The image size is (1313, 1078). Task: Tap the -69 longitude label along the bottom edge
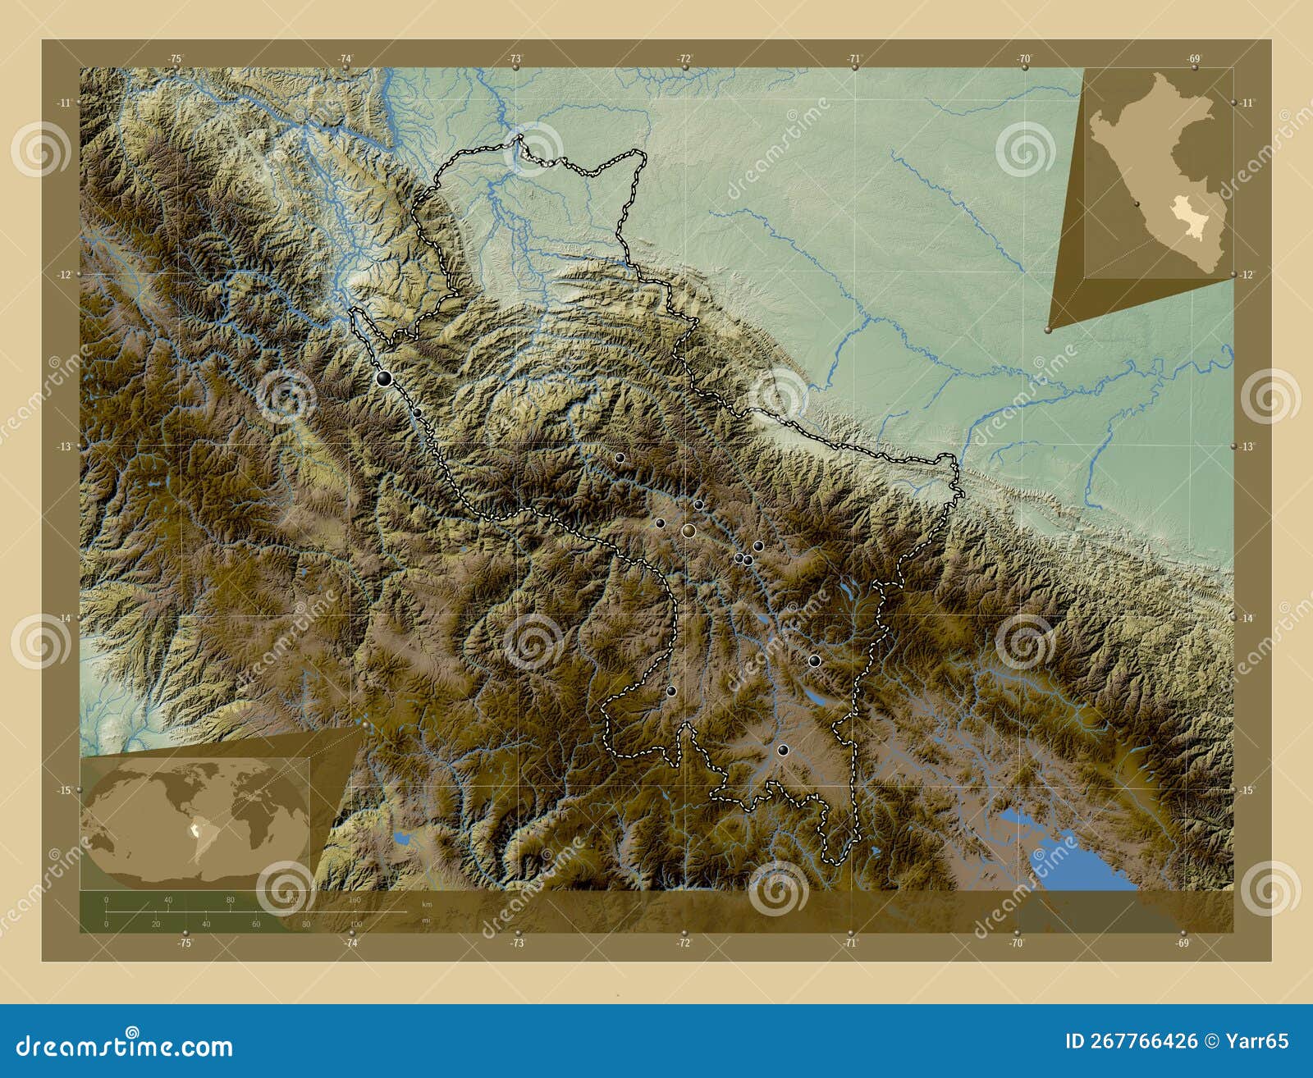click(1183, 943)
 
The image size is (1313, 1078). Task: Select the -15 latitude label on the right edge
click(1247, 790)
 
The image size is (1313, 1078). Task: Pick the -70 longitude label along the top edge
click(1024, 58)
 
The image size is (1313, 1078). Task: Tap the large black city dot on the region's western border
click(384, 378)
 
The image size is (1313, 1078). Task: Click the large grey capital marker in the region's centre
click(688, 532)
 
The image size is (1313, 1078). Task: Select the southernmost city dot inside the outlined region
click(783, 749)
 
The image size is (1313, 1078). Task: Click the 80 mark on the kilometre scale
click(231, 900)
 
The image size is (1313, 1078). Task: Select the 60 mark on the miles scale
click(256, 924)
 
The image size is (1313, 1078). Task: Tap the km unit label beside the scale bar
click(426, 904)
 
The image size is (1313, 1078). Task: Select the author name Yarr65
click(1257, 1041)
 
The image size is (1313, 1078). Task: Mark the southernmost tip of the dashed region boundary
click(835, 863)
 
